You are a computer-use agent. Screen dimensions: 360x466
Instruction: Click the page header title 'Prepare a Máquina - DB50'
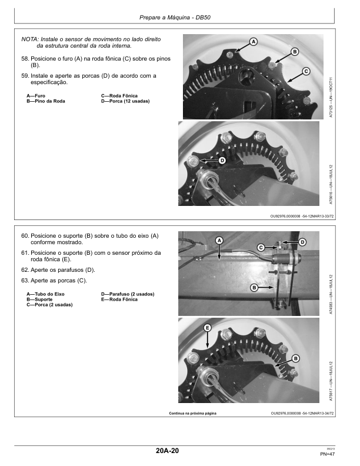pos(175,18)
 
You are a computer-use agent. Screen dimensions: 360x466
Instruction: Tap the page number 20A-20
pos(167,451)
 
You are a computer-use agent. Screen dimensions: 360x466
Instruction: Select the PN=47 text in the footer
pos(327,454)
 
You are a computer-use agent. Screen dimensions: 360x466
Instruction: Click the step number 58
pos(25,59)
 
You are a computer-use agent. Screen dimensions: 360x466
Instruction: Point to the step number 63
pos(25,281)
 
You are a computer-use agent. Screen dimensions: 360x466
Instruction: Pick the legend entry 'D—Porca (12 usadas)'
pos(125,101)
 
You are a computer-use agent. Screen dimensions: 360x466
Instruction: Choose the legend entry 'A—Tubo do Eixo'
pos(45,294)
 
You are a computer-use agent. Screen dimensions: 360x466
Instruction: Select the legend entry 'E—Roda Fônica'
pos(119,299)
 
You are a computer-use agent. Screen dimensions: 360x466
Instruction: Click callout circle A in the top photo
pos(253,42)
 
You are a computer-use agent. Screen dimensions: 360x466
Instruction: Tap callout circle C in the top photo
pos(306,71)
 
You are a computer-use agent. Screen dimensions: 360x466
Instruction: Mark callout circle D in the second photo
pos(222,161)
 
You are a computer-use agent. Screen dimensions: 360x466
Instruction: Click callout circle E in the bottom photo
pos(207,328)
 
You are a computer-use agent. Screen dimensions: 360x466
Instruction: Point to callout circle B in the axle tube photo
pos(254,287)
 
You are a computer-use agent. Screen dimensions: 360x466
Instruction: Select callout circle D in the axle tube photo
pos(302,242)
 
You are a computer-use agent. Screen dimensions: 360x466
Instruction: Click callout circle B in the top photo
pos(295,52)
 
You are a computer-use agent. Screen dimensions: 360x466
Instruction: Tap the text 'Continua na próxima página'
pos(192,414)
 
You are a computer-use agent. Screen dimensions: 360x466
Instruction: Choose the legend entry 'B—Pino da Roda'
pos(46,101)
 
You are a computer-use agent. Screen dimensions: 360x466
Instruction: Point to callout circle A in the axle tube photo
pos(219,240)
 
